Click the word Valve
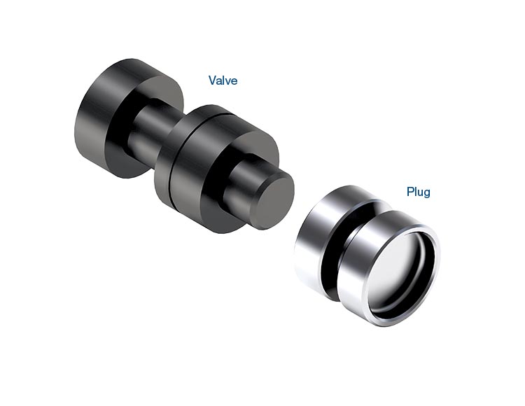point(223,80)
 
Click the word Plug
point(418,192)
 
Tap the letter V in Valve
point(212,80)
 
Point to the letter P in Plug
point(410,192)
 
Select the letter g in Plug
point(427,194)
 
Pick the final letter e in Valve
point(234,82)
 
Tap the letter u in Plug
point(420,193)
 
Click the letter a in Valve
point(219,82)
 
